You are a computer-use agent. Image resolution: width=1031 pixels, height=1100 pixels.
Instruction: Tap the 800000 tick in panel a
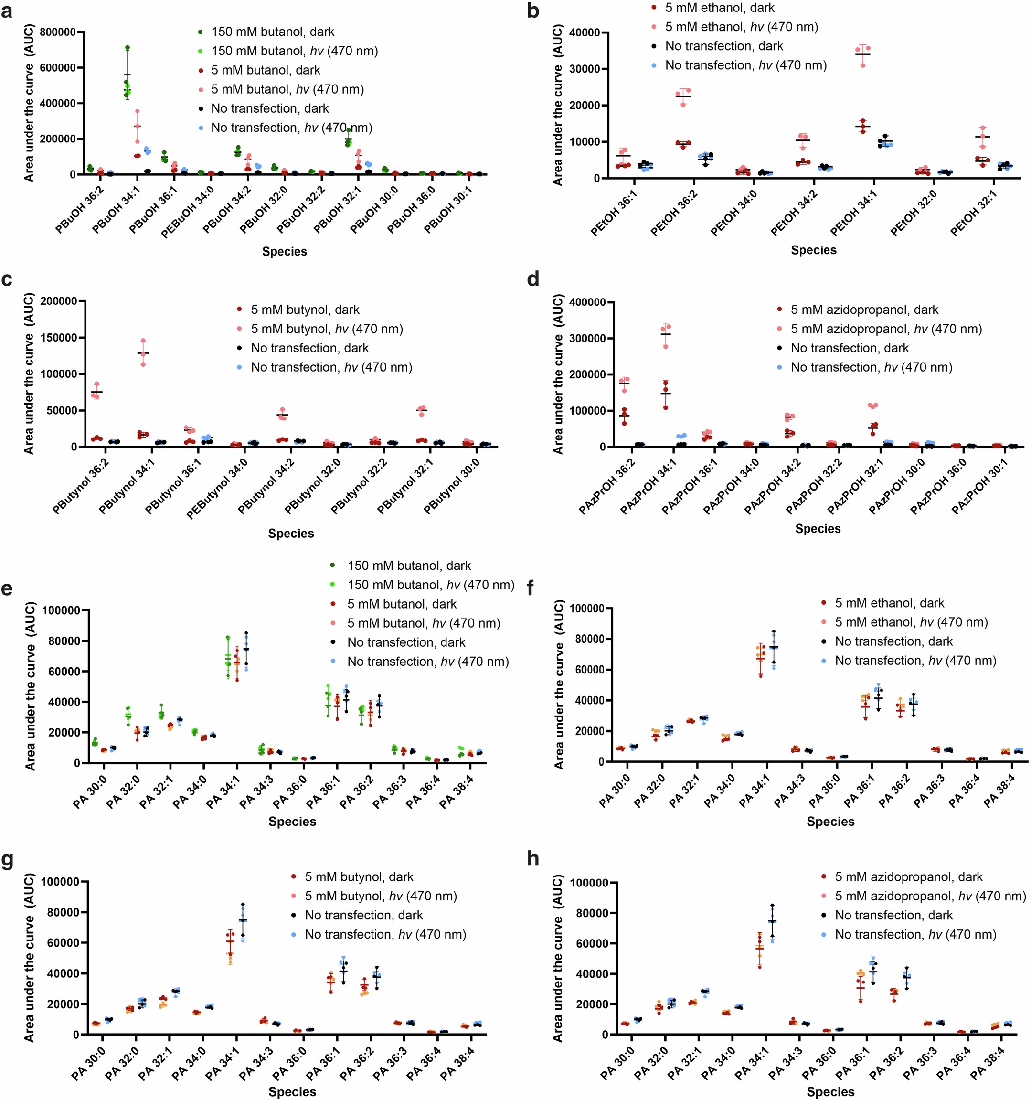pyautogui.click(x=57, y=32)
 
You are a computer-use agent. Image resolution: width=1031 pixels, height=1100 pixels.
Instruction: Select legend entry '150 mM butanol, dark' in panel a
pyautogui.click(x=272, y=32)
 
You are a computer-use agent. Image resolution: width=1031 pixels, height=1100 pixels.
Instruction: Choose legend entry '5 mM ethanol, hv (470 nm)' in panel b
pyautogui.click(x=741, y=27)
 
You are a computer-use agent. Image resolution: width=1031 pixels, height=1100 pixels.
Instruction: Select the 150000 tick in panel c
pyautogui.click(x=57, y=338)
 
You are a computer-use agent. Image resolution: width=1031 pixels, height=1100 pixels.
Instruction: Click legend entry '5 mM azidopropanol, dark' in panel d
pyautogui.click(x=864, y=310)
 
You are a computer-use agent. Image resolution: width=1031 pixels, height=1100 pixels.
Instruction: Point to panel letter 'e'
pyautogui.click(x=7, y=587)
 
